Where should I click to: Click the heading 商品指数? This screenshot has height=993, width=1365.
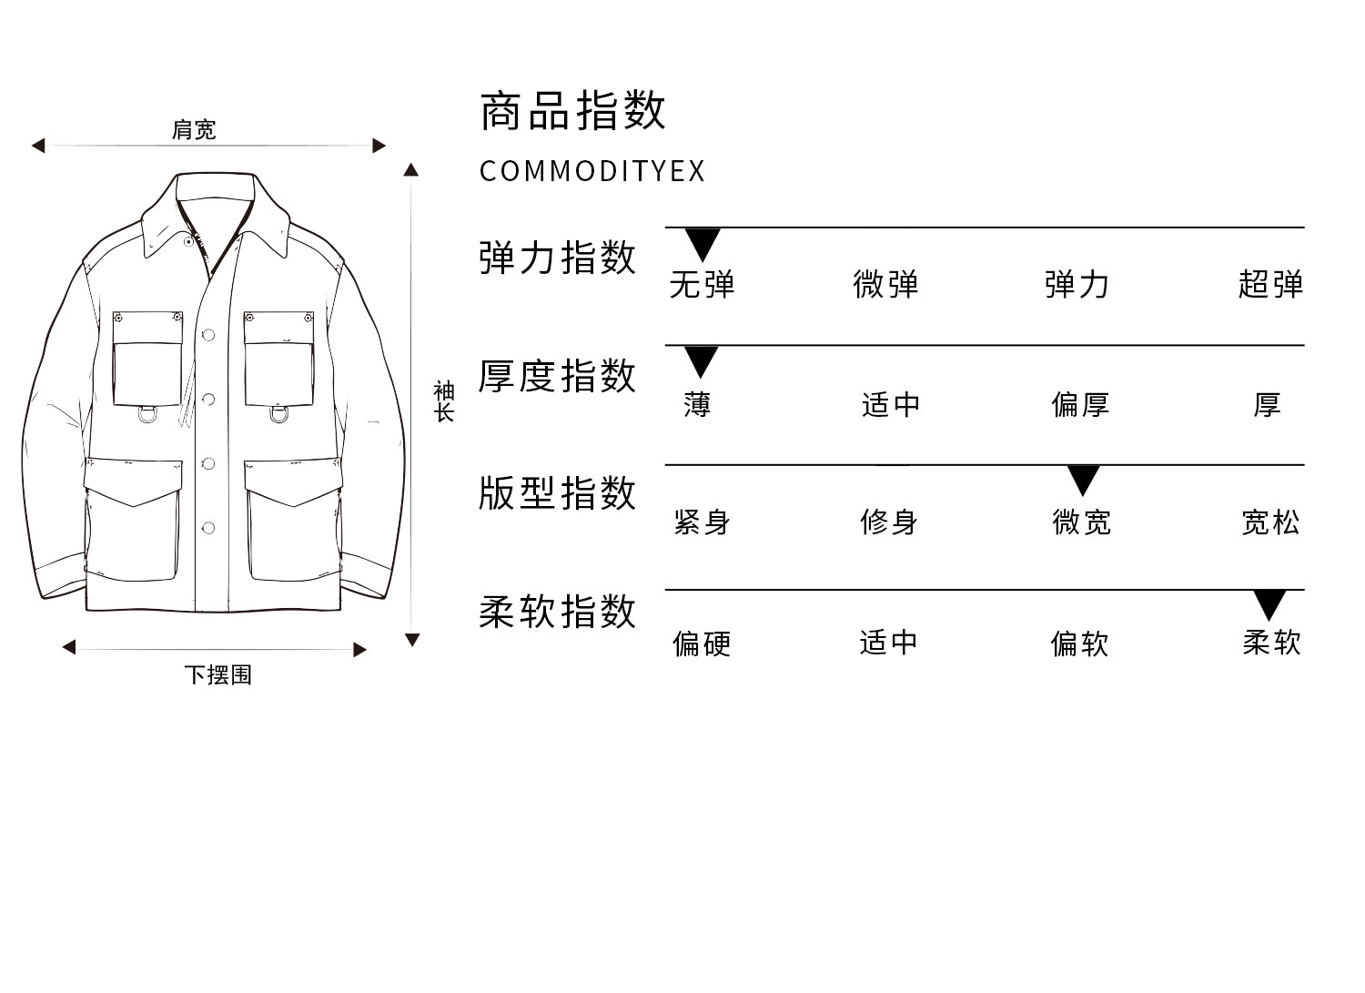[572, 111]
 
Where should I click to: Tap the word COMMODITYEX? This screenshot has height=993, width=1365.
[591, 171]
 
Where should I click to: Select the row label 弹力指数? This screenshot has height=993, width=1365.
[557, 258]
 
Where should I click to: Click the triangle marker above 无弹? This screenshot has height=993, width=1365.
[703, 243]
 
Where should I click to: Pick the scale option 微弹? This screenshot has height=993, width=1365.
[885, 285]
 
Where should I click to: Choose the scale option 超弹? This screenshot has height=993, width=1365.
[1270, 285]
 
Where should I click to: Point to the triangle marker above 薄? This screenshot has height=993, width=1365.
[701, 360]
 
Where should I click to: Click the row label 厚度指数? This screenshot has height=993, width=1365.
[557, 376]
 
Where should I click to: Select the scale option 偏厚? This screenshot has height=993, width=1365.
[1080, 404]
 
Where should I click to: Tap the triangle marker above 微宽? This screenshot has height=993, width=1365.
[1083, 479]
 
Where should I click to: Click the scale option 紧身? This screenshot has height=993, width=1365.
[702, 522]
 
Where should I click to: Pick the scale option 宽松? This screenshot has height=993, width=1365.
[1270, 522]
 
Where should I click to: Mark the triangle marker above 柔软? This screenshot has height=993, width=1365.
[1269, 603]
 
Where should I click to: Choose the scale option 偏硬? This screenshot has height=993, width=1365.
[702, 643]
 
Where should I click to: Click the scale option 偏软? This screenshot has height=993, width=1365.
[1079, 643]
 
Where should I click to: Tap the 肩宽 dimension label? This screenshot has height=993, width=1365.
[194, 130]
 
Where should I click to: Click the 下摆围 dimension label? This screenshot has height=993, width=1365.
[217, 674]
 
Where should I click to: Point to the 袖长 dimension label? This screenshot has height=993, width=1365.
[443, 401]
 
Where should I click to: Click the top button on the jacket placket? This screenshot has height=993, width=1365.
[208, 335]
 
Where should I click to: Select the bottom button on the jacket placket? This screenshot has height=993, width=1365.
[208, 528]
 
